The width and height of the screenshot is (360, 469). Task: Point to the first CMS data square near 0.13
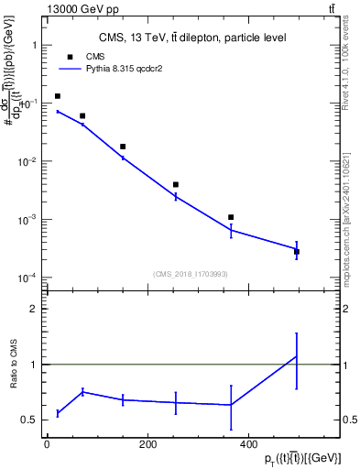(58, 96)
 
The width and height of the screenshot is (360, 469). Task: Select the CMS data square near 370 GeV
(231, 217)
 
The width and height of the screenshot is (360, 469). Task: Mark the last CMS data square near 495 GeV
(297, 251)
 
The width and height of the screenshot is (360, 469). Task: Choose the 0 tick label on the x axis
(47, 444)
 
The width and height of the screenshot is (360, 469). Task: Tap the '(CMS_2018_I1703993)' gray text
(190, 273)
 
